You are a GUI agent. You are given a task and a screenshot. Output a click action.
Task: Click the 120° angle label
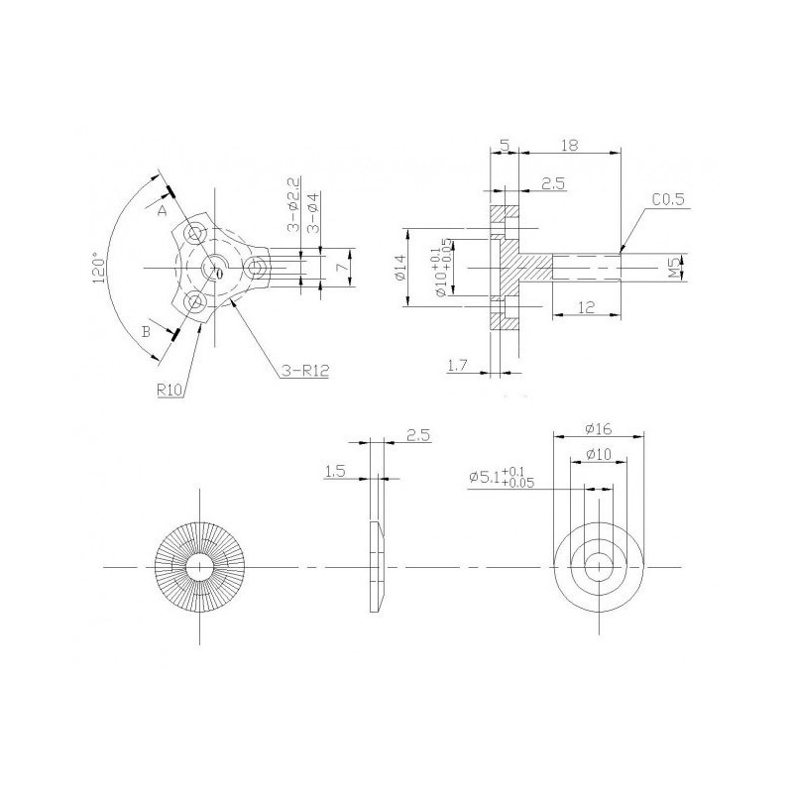coord(100,267)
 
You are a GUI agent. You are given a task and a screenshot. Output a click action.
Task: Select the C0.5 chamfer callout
coord(670,200)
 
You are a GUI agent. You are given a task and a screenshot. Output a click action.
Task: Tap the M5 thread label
coord(673,267)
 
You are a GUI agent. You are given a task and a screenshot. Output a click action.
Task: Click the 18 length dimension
coord(570,144)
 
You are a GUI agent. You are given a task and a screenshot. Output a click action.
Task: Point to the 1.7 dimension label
coord(458,367)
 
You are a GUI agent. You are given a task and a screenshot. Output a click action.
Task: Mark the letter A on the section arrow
coord(162,209)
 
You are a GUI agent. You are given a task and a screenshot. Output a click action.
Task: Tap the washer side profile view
coord(376,565)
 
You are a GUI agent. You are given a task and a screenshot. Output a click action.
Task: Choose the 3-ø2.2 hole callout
coord(293,205)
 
